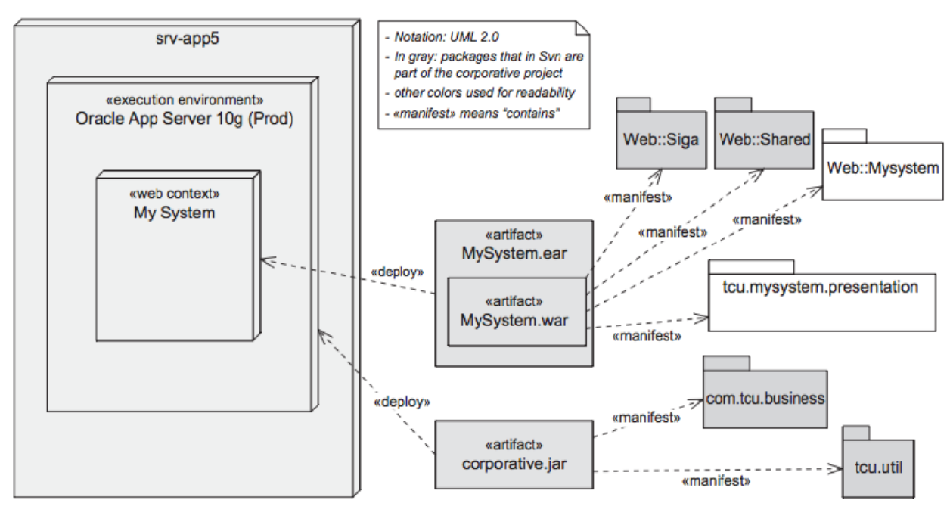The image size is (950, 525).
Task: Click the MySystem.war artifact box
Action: point(518,312)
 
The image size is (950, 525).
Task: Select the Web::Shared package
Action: point(765,140)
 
